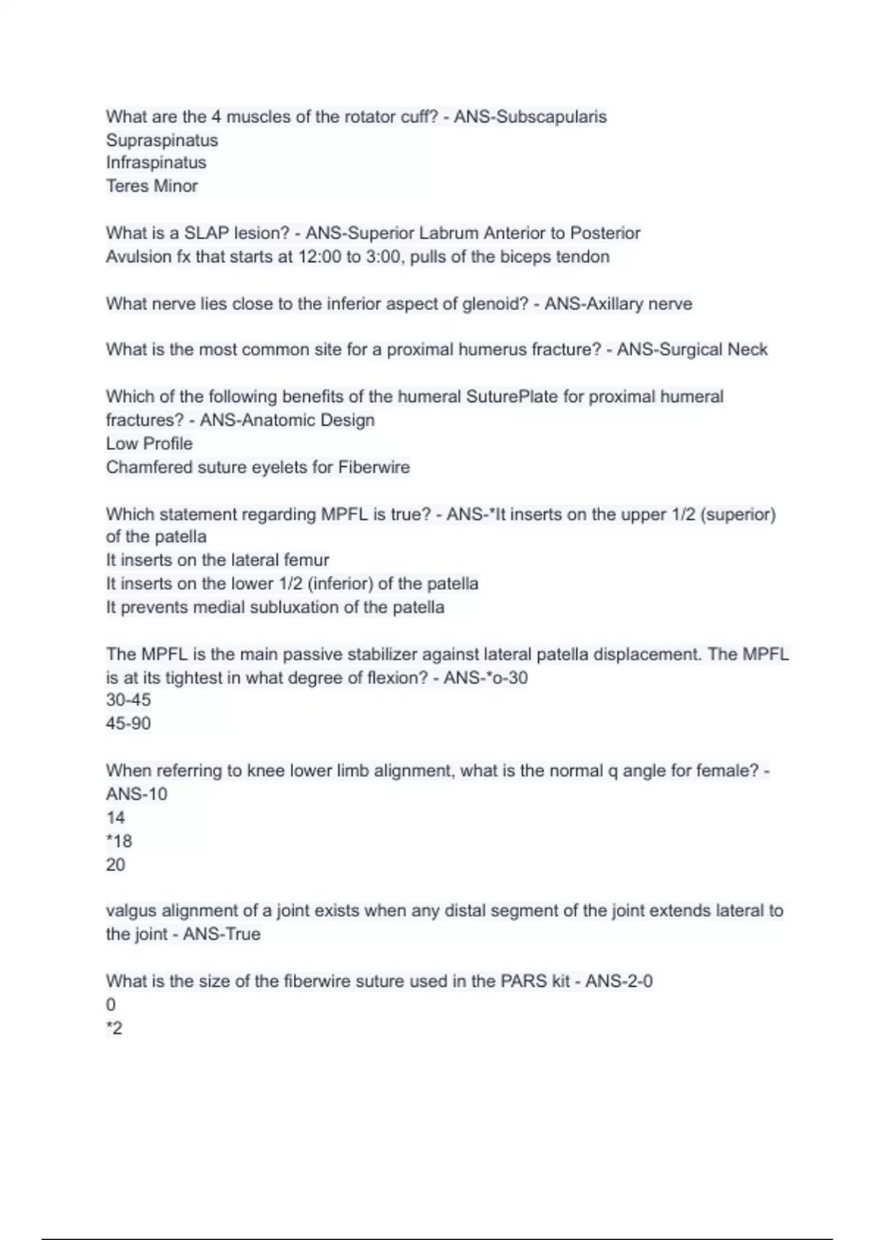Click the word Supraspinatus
(162, 140)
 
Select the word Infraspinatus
(156, 163)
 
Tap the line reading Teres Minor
(152, 186)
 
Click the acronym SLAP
(206, 233)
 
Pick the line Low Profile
(149, 443)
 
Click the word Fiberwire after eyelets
(374, 467)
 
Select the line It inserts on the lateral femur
(217, 560)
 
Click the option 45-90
(128, 724)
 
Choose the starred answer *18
(119, 841)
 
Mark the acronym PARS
(524, 981)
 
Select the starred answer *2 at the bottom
(114, 1028)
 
